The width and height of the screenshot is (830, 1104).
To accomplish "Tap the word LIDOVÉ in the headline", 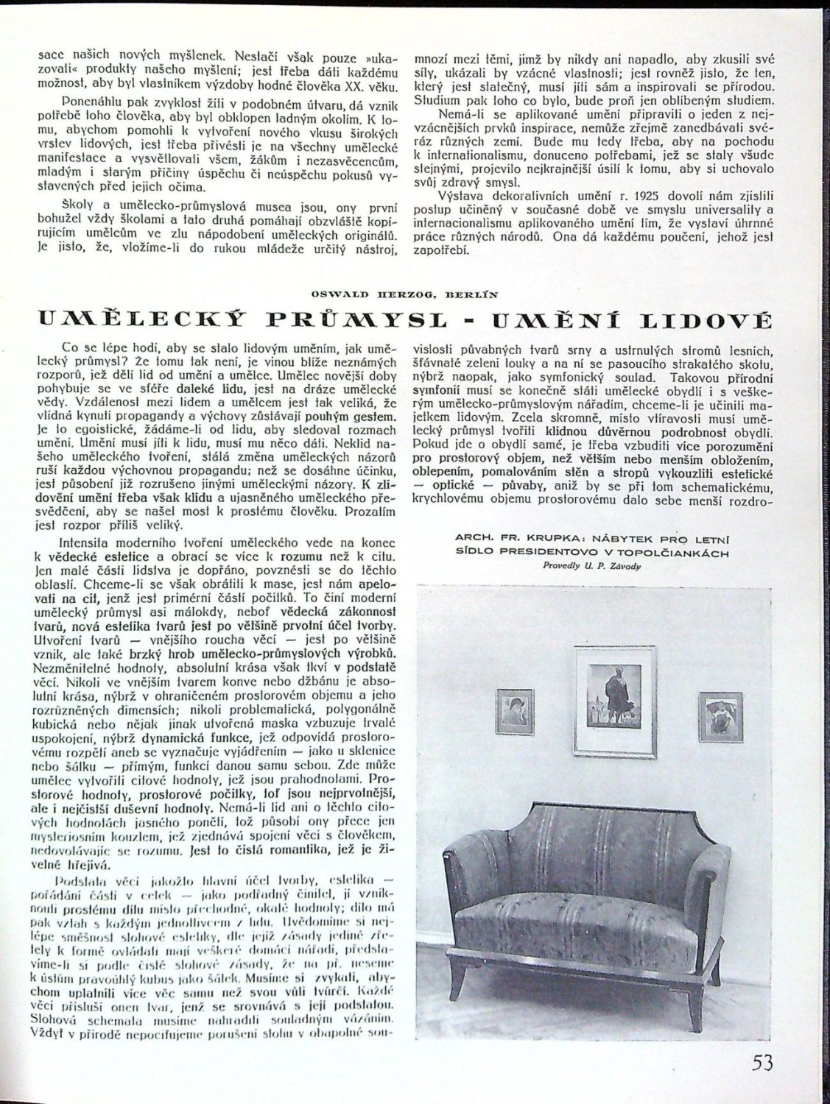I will click(698, 321).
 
